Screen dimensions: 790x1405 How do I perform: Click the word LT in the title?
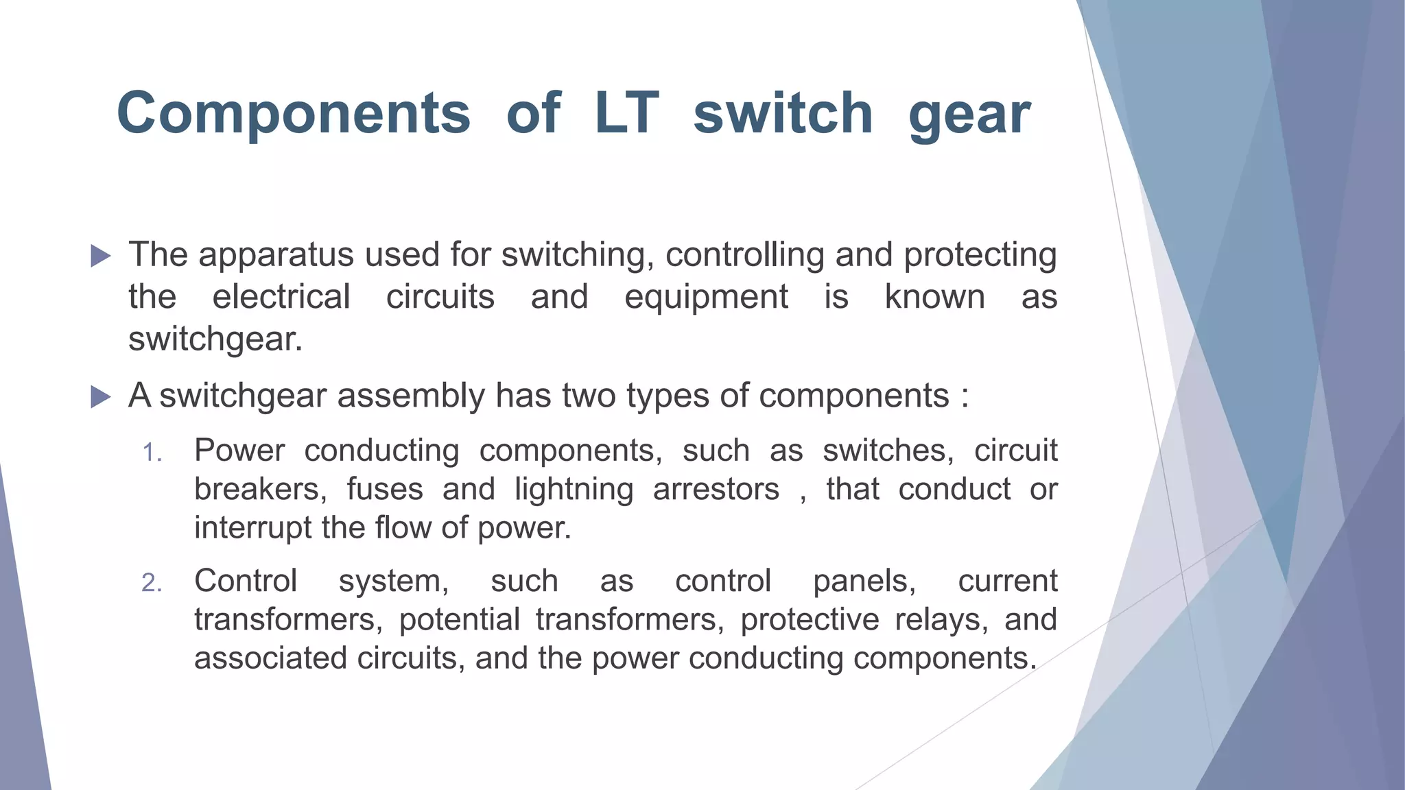click(626, 112)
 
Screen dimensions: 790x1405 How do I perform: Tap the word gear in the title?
click(969, 115)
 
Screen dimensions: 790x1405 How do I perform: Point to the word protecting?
click(980, 256)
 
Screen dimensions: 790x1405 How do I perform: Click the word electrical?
click(281, 297)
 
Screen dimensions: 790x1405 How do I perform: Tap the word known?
click(934, 297)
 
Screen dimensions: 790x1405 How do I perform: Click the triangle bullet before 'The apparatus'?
click(100, 256)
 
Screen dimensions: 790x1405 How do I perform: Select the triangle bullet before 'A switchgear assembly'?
click(100, 396)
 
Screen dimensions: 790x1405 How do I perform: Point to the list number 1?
click(152, 453)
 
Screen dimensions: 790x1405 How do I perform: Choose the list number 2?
click(152, 583)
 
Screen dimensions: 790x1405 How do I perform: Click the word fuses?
click(385, 490)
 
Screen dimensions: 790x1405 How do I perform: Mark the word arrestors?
click(716, 490)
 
